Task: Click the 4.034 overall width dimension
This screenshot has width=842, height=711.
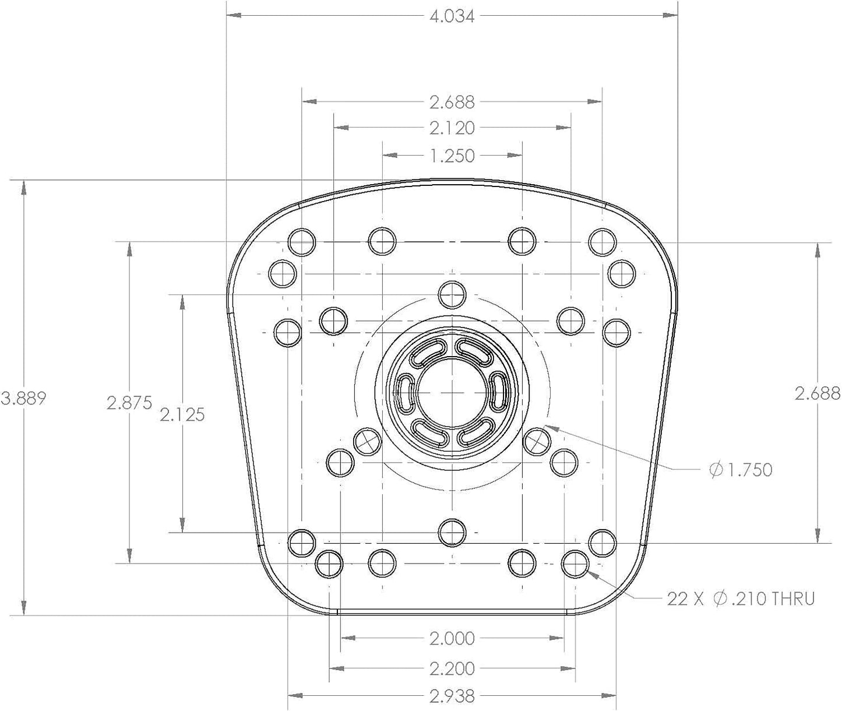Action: [452, 16]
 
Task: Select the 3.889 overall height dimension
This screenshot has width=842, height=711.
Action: [23, 399]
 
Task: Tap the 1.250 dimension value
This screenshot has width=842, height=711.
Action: [452, 156]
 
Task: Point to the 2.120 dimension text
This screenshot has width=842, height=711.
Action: [452, 128]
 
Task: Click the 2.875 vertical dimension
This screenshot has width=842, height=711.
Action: [129, 403]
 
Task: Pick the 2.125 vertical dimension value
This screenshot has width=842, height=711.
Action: [182, 414]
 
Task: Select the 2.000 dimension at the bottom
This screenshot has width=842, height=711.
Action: [452, 638]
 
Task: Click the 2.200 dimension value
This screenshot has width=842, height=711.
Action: [452, 668]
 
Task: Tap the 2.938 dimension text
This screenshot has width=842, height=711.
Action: [452, 696]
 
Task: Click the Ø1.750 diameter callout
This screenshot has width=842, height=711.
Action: [741, 470]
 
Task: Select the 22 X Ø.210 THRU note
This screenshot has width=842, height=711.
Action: [741, 599]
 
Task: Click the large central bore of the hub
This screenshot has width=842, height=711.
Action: [452, 392]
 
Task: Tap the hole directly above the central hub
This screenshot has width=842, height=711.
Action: [452, 295]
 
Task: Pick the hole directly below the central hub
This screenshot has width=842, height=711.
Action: [452, 533]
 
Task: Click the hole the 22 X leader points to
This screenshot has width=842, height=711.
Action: [575, 564]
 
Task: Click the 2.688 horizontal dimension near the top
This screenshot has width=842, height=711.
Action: [452, 102]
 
